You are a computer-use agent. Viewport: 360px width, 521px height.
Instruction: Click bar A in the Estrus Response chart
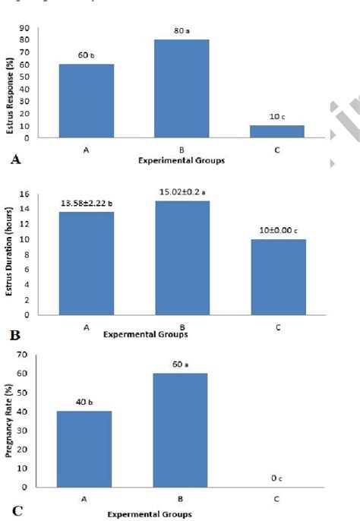pos(87,100)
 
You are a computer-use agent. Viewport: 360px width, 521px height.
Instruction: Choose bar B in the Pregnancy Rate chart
pos(182,429)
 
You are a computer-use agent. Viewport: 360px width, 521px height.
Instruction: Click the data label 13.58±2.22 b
pos(87,204)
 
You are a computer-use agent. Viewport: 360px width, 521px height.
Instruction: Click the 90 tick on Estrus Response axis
pos(24,29)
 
